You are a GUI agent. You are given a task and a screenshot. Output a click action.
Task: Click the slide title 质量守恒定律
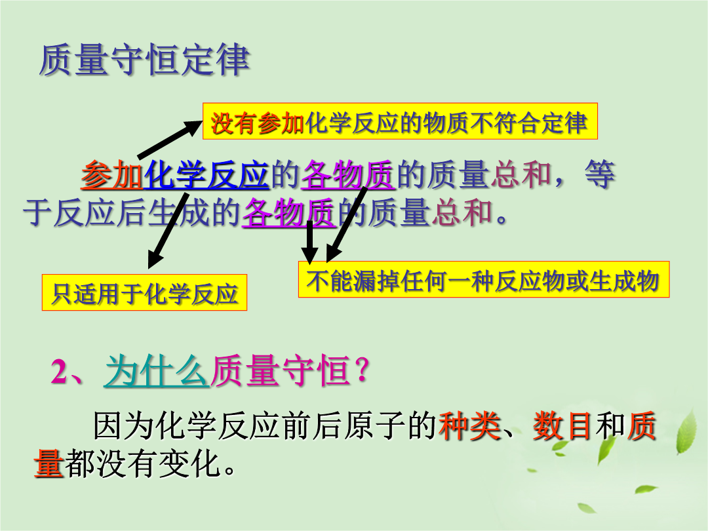coord(144,60)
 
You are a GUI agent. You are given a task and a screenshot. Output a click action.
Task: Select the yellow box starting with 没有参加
coord(400,121)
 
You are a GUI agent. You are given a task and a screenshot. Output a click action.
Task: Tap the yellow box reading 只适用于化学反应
coord(144,292)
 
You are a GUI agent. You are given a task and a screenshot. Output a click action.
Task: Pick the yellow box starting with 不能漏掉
coord(484,279)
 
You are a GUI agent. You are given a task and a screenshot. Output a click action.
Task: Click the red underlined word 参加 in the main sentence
coord(112,174)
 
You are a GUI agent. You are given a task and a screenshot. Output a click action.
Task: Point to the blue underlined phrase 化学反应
coord(206,174)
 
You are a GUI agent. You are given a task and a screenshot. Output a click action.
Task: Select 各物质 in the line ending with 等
coord(348,174)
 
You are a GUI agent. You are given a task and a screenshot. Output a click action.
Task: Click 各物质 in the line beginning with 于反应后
coord(289,212)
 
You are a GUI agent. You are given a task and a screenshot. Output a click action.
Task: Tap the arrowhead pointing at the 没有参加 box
coord(193,127)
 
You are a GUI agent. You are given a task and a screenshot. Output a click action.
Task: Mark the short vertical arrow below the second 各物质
coord(309,243)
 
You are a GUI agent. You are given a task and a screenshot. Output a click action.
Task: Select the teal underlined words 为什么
coord(157,371)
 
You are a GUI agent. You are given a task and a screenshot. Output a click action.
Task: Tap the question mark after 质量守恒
coord(362,371)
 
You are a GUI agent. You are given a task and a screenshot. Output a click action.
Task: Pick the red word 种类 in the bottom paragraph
coord(469,426)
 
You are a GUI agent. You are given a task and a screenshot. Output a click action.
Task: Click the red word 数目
coord(562,426)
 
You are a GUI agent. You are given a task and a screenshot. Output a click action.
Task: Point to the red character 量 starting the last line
coord(49,463)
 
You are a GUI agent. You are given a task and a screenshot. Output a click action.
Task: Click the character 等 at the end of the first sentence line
coord(600,174)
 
